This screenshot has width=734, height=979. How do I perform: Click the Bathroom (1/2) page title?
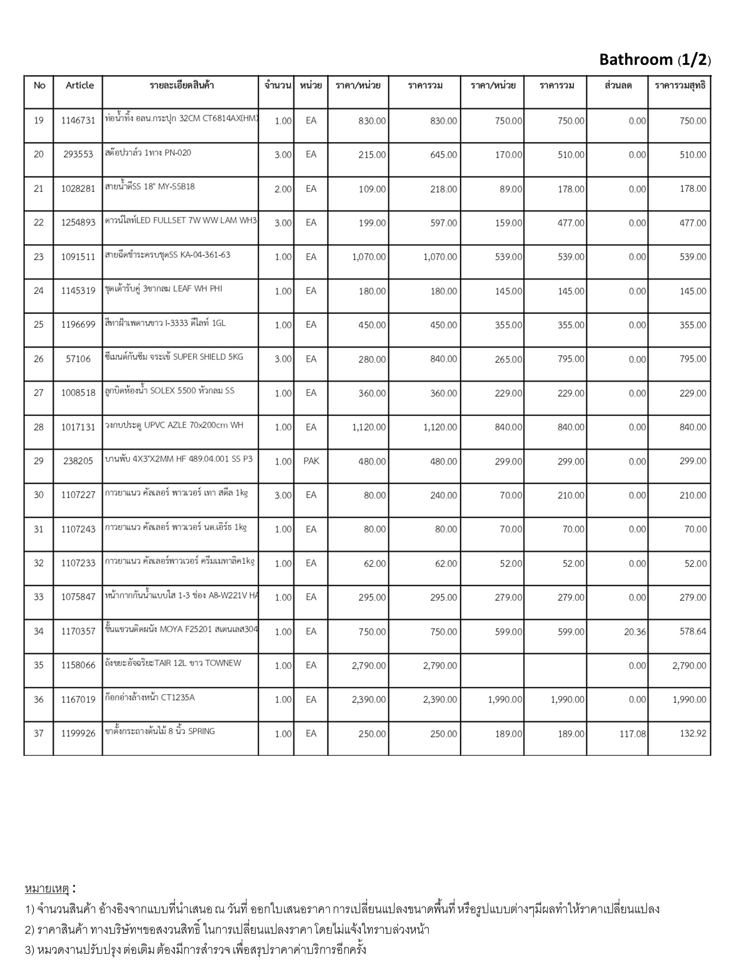click(x=655, y=60)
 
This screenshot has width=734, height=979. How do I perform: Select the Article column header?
click(x=79, y=85)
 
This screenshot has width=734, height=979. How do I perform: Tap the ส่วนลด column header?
click(x=618, y=86)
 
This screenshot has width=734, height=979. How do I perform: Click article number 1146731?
click(x=78, y=120)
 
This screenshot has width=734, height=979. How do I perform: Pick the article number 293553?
click(x=78, y=154)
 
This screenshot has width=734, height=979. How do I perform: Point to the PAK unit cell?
click(x=311, y=461)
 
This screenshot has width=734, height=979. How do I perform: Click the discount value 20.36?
click(x=635, y=631)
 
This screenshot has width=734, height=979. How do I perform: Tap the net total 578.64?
click(x=692, y=631)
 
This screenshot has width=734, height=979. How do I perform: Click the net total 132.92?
click(x=692, y=733)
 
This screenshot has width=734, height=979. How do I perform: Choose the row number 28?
click(x=39, y=427)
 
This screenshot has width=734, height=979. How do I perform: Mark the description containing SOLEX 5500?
click(x=170, y=391)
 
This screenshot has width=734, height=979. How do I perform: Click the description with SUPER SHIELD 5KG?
click(x=174, y=357)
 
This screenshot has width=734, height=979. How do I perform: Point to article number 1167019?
click(x=78, y=699)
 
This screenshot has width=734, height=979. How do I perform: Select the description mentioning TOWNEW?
click(x=173, y=663)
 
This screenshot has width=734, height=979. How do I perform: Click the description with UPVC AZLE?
click(x=174, y=425)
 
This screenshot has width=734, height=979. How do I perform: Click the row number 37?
click(x=39, y=733)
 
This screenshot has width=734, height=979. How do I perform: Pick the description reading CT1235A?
click(x=150, y=697)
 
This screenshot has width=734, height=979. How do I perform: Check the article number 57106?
click(x=78, y=359)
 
